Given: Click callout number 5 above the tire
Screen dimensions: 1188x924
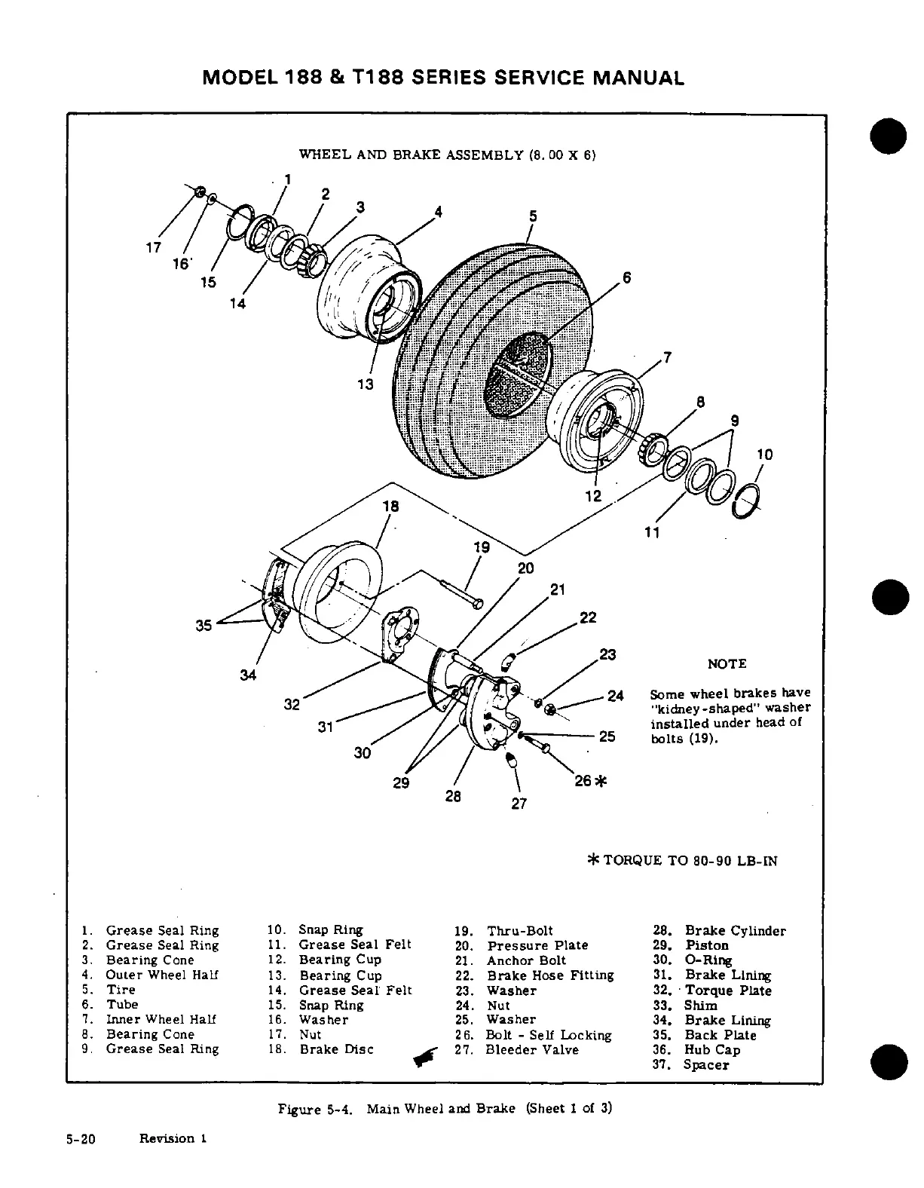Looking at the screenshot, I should coord(533,216).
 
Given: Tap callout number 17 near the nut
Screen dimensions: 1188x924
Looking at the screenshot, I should coord(154,246).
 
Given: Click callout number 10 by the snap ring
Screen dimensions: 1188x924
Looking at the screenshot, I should coord(765,455).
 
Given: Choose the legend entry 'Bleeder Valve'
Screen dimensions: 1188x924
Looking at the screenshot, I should coord(532,1050).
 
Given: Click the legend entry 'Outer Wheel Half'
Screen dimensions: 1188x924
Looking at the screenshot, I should coord(162,975).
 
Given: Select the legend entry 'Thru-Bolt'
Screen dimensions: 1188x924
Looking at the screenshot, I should coord(520,931).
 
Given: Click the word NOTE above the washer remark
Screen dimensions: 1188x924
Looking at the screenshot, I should coord(727,664).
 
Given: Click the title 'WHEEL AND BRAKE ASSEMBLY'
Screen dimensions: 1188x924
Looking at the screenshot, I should coord(411,155).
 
